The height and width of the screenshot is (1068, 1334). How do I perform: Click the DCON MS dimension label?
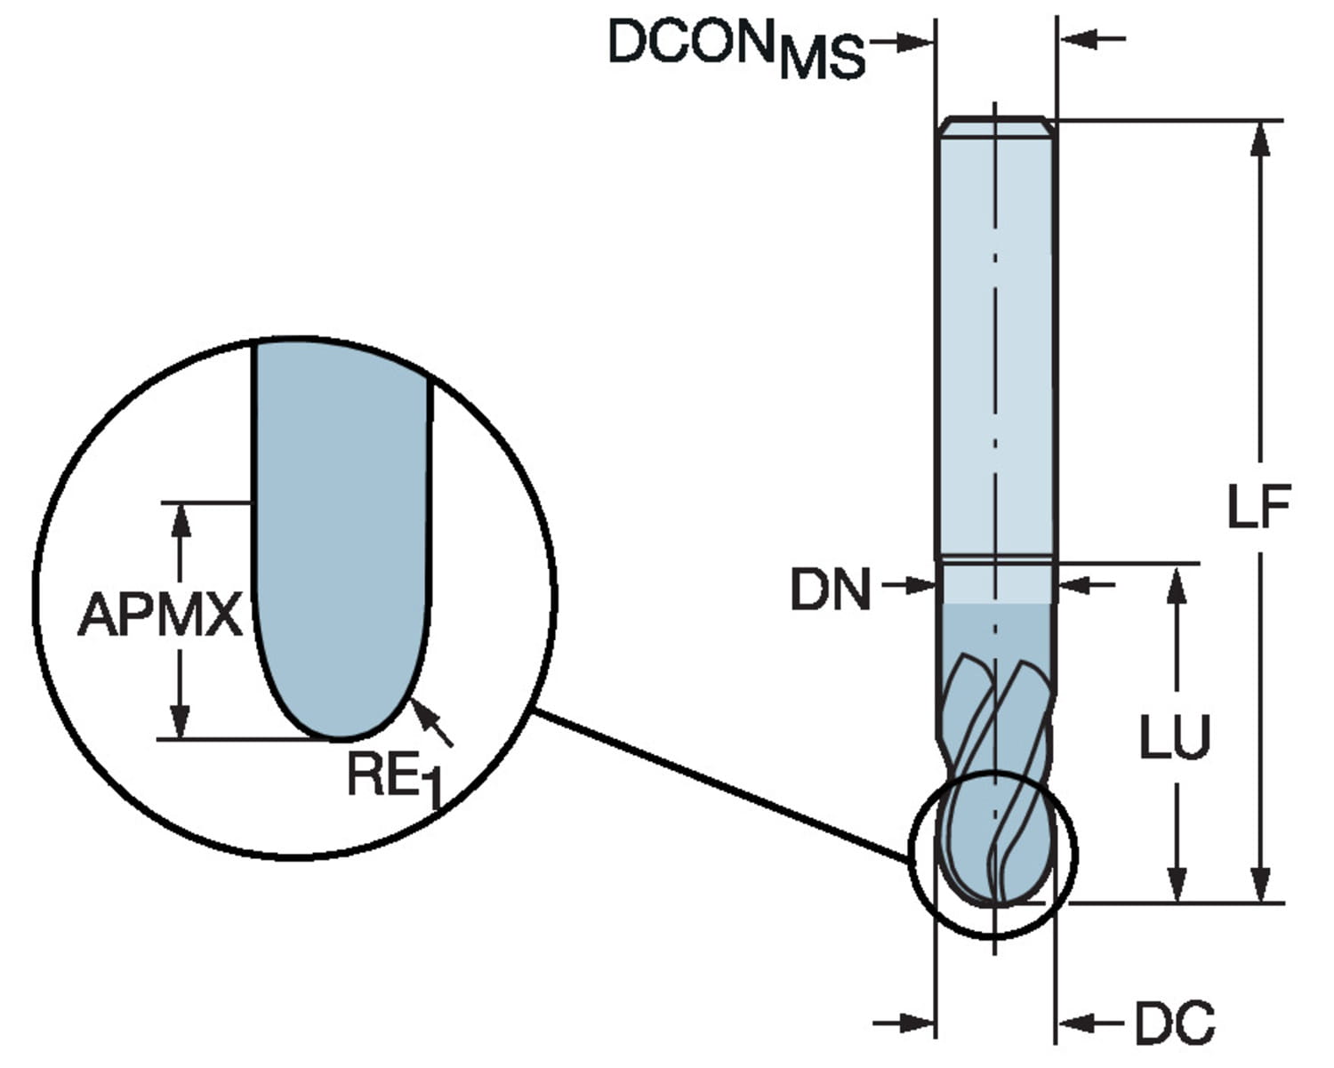pos(736,46)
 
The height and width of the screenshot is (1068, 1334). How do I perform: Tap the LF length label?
pos(1258,508)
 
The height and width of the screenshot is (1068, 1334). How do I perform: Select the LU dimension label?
pos(1175,737)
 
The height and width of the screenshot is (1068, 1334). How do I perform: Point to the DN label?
pos(831,590)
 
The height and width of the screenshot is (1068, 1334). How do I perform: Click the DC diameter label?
pos(1174,1024)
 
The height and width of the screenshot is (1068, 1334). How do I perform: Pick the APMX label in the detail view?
pos(160,614)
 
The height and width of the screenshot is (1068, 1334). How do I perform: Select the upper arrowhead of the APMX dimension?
pos(181,519)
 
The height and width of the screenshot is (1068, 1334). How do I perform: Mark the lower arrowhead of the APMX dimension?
pos(181,721)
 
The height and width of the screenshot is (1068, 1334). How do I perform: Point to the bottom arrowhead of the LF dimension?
pos(1259,885)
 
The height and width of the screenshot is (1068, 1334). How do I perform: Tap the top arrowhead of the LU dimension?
pos(1176,582)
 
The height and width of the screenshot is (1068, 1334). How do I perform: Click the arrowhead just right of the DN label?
pos(920,585)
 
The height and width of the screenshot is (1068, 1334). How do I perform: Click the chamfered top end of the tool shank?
pos(995,127)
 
